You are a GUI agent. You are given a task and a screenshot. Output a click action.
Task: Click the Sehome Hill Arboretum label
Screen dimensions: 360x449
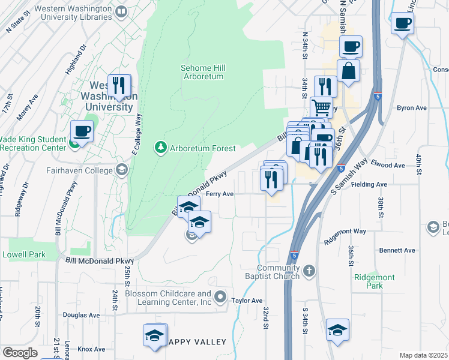pos(202,72)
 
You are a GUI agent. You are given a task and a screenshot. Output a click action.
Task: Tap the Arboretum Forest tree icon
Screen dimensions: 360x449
pos(160,147)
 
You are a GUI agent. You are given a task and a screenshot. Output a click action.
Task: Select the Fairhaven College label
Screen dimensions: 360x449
pos(80,170)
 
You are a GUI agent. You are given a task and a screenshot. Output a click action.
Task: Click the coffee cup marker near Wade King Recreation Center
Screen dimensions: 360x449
pos(82,131)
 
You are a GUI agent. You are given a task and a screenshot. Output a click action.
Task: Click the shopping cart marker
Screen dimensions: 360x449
pos(322,107)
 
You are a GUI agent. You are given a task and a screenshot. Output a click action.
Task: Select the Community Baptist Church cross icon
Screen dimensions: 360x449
pos(309,271)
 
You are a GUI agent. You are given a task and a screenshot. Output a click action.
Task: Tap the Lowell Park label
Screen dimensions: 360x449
pos(24,254)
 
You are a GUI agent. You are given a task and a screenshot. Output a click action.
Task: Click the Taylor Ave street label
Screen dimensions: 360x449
pos(247,301)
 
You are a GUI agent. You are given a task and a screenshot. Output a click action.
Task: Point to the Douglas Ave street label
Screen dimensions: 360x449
pos(80,314)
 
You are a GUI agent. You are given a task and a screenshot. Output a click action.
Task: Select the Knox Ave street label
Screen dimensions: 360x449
pos(91,349)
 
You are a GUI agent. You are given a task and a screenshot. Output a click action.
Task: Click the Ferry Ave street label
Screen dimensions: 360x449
pos(219,194)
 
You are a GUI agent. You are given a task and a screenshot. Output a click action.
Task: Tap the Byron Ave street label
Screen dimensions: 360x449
pos(412,108)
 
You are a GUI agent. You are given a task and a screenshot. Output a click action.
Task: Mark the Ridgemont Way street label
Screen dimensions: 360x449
pos(345,231)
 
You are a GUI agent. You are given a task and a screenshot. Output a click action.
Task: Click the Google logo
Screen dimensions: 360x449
pos(20,353)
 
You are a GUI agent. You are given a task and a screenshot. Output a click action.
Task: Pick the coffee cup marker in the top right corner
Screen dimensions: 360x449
pos(402,23)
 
